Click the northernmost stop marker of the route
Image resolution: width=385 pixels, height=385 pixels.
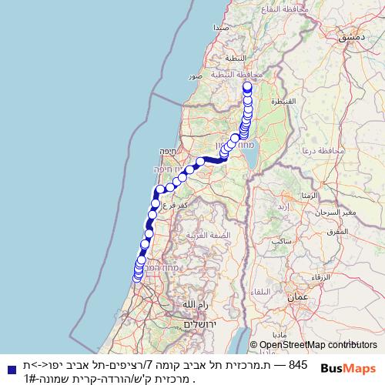(x=248, y=86)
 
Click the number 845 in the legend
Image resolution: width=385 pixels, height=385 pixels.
(x=298, y=364)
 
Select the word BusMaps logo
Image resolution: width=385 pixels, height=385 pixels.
(x=348, y=369)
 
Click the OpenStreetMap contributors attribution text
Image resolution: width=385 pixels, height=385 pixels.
(x=320, y=345)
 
